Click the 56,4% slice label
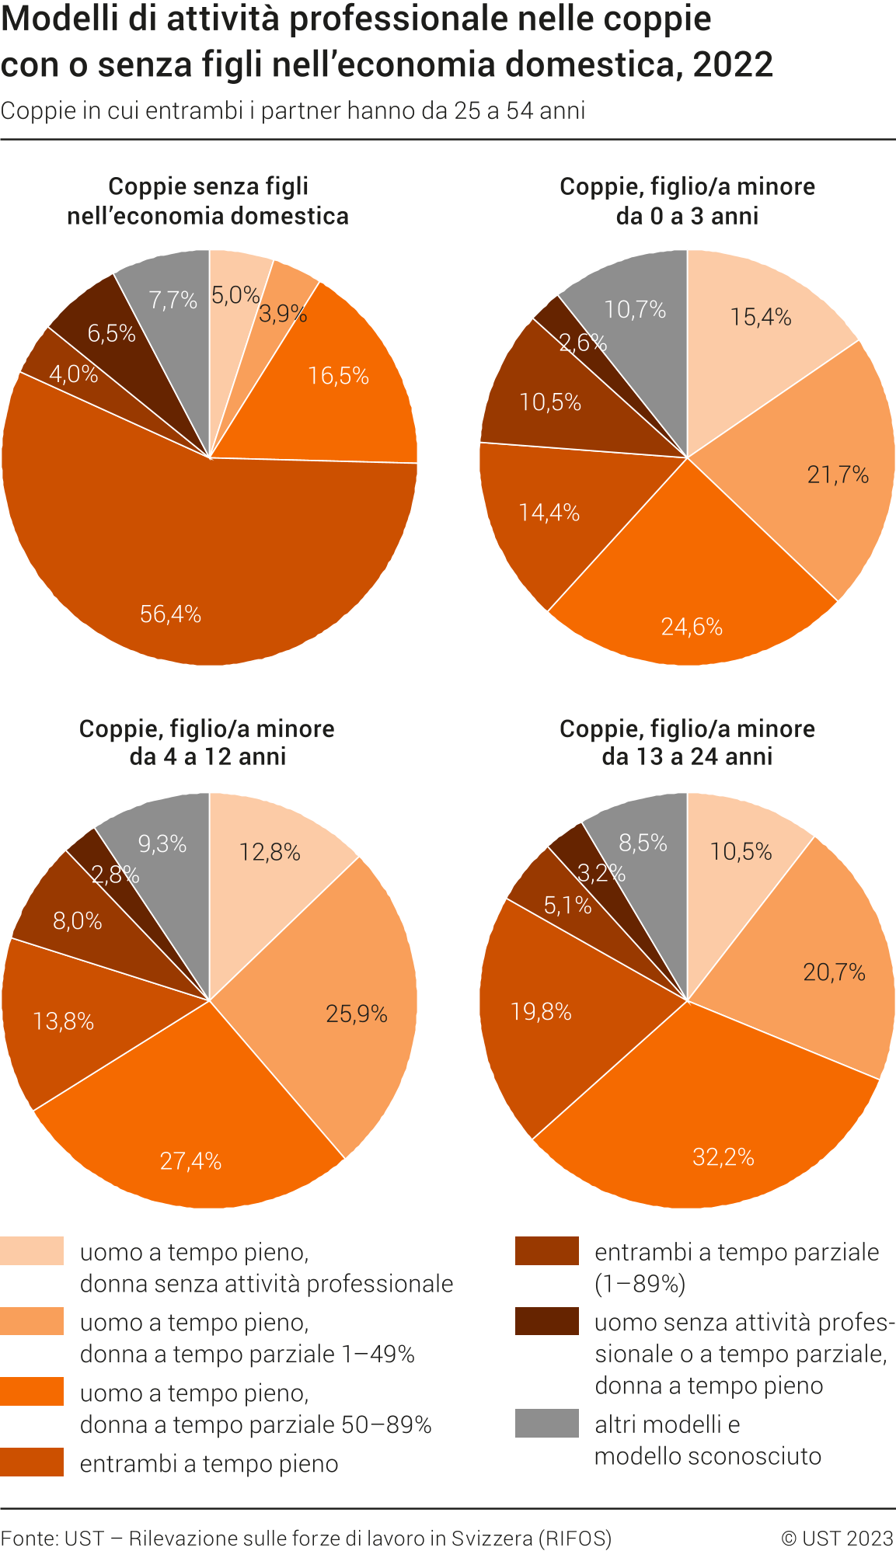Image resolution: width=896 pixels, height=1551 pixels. click(x=170, y=614)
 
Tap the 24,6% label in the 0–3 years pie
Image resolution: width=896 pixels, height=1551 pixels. click(x=692, y=627)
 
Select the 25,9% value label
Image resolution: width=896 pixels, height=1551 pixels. click(x=356, y=1014)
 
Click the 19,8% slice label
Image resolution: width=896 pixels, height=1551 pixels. click(x=541, y=1011)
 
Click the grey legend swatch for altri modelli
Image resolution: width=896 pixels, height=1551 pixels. click(x=546, y=1423)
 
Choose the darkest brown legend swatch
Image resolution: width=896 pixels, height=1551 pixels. click(x=546, y=1321)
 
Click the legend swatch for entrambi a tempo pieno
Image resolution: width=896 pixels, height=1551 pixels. click(x=32, y=1462)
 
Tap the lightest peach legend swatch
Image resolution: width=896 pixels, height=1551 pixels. click(x=32, y=1250)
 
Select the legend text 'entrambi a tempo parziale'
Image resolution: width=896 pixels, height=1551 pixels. click(x=737, y=1252)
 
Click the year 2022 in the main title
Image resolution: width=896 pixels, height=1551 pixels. click(x=733, y=64)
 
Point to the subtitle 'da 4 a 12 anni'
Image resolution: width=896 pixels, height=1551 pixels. click(x=207, y=756)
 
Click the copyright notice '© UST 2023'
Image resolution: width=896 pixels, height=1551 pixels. click(x=837, y=1538)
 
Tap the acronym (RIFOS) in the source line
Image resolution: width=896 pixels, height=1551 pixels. click(x=575, y=1538)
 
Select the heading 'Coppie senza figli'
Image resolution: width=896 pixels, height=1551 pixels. click(x=208, y=186)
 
